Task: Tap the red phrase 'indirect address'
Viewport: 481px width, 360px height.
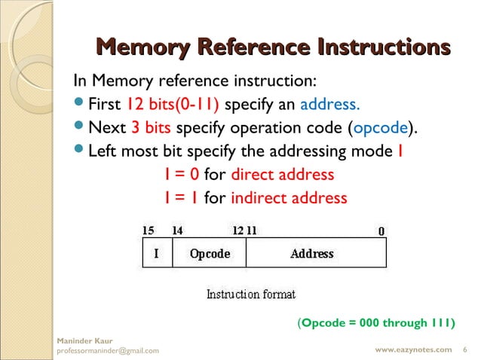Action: pos(289,198)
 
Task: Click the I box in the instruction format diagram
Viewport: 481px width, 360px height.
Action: pos(157,253)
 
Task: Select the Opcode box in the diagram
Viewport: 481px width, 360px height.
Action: pos(210,253)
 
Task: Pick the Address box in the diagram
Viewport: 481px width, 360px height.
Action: pos(312,253)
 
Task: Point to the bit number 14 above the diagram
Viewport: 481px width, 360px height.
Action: pos(178,230)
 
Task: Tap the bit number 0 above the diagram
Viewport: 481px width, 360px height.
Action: pos(381,230)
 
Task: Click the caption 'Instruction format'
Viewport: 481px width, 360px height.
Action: pos(251,294)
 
